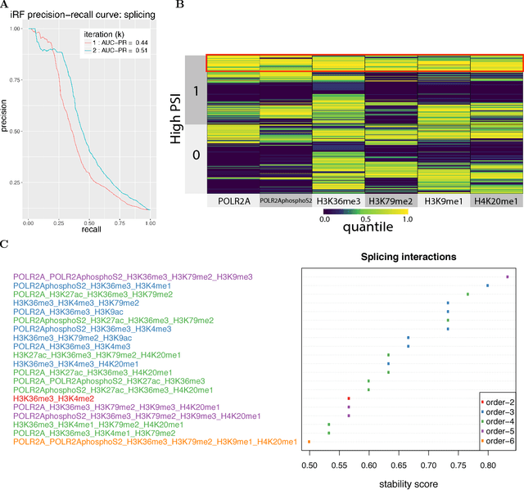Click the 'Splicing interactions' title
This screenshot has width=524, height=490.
[410, 257]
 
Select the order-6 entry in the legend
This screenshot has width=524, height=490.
[498, 441]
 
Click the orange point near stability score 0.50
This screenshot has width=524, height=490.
[309, 442]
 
